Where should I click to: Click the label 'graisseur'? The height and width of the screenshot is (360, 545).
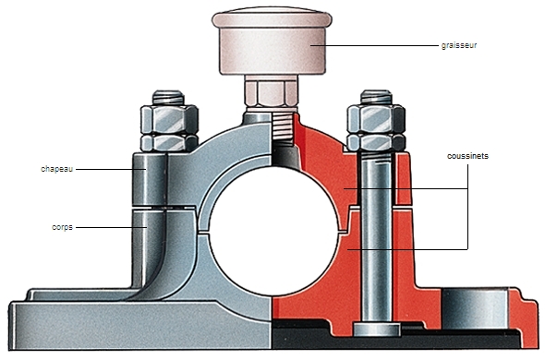coord(459,45)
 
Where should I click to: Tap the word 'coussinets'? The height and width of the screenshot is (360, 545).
coord(467,156)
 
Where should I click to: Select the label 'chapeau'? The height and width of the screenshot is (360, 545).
coord(57,169)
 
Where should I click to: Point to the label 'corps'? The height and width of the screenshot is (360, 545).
coord(62,227)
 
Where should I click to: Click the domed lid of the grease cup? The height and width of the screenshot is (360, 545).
coord(272,20)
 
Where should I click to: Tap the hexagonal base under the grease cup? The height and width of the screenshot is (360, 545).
coord(272,93)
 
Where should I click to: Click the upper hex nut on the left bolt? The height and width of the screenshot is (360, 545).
coord(169,119)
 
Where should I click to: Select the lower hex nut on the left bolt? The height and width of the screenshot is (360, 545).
coord(169,142)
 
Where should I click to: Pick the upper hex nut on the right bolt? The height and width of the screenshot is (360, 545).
coord(376,119)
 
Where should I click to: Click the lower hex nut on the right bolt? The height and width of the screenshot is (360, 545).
coord(376,143)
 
